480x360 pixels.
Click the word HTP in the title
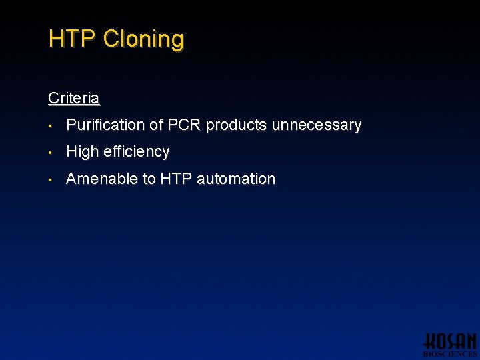point(73,39)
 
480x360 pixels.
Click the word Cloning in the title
point(143,39)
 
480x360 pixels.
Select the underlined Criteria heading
point(74,98)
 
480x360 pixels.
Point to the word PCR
point(183,125)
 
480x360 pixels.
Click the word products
point(235,125)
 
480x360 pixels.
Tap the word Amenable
point(97,179)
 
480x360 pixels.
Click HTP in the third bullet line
point(176,179)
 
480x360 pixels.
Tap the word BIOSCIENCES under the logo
point(450,355)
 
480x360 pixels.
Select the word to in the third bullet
point(149,179)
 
